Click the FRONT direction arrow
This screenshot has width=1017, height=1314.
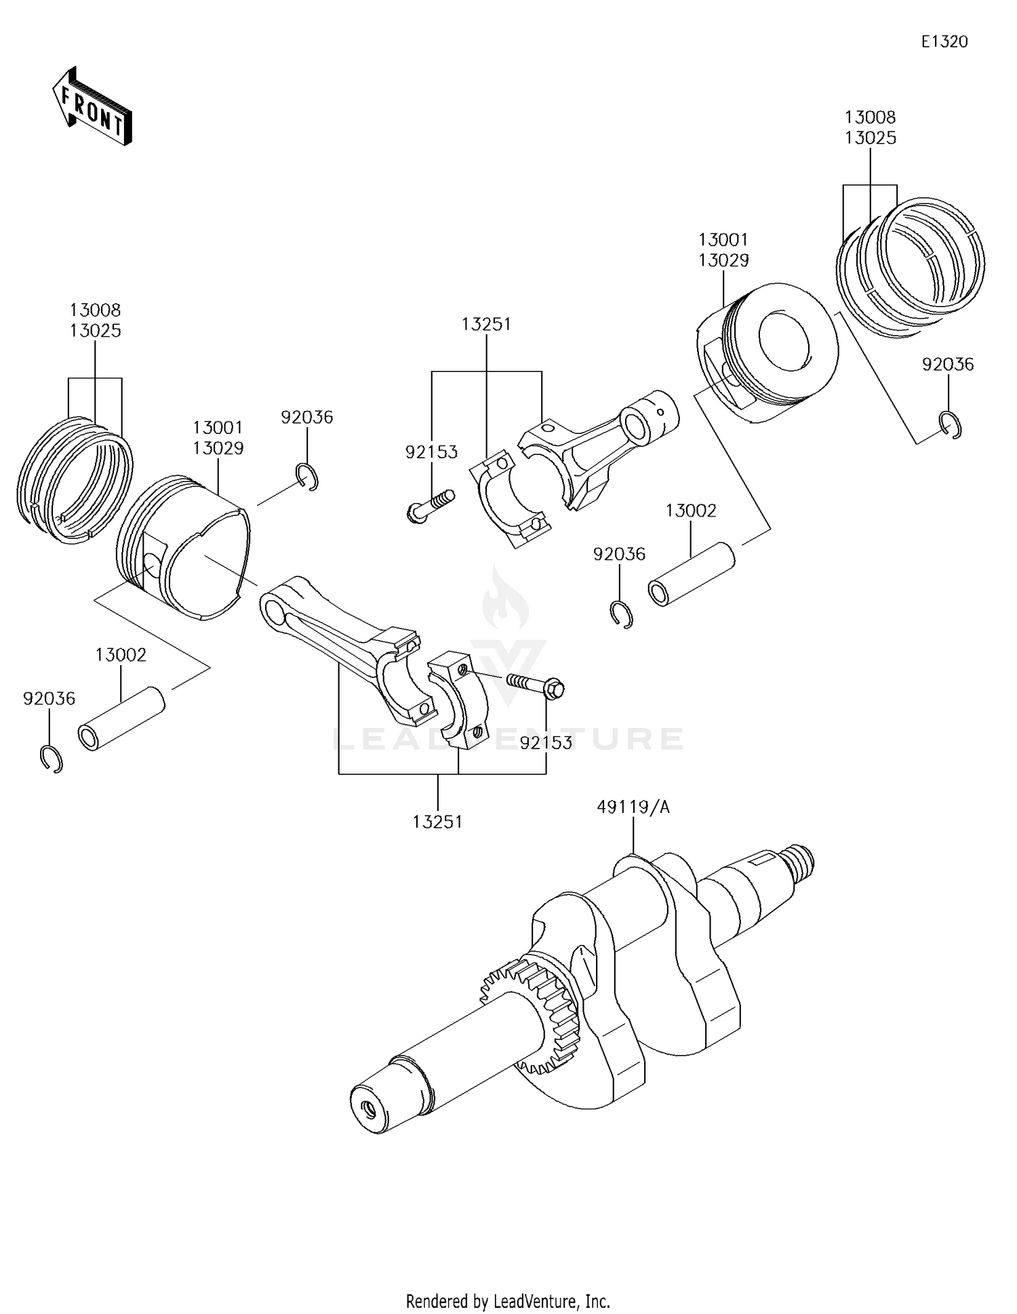coord(92,106)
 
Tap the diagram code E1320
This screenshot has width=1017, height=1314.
coord(944,42)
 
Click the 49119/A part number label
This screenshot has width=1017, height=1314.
coord(633,807)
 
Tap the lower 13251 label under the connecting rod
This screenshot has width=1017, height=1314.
coord(437,822)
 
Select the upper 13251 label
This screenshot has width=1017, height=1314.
coord(486,324)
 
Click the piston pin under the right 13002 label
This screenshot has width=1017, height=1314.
coord(692,574)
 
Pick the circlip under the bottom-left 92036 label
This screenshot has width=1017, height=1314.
coord(52,759)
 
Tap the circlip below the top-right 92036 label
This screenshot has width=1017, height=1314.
coord(951,425)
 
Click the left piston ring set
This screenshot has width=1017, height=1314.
coord(73,478)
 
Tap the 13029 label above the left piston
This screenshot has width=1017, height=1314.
coord(218,448)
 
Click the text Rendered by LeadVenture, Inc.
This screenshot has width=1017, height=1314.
coord(508,1301)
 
